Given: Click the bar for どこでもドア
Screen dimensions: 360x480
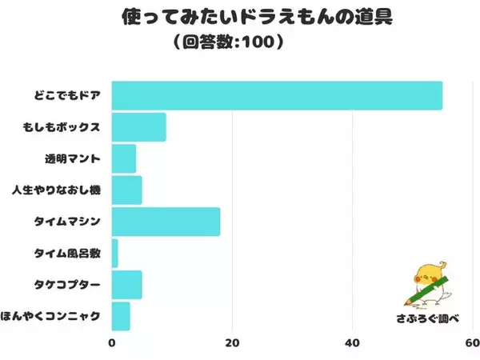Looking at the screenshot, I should [x=277, y=95].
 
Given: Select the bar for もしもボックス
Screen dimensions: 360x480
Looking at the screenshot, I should [x=138, y=127].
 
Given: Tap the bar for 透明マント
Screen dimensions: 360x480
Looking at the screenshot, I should [x=124, y=158].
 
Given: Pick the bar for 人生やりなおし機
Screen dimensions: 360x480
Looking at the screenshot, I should [x=126, y=190].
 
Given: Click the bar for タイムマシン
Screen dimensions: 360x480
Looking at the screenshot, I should [x=166, y=222].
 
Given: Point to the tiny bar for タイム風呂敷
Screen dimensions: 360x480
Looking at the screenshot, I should [x=114, y=253].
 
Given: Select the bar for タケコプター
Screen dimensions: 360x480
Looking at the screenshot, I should [x=126, y=284].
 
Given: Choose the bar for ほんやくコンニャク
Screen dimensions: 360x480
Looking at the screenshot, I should [x=121, y=316].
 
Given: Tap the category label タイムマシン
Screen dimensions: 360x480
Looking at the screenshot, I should [x=66, y=222].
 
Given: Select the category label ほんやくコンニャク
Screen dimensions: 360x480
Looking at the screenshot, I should [x=51, y=316].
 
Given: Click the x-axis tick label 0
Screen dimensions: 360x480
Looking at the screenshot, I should [x=112, y=343].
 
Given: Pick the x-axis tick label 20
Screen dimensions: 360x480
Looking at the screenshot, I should [x=232, y=343].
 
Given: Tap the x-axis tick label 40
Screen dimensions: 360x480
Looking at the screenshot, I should [x=353, y=343].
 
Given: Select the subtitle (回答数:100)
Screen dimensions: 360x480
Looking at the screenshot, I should [x=240, y=40].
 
